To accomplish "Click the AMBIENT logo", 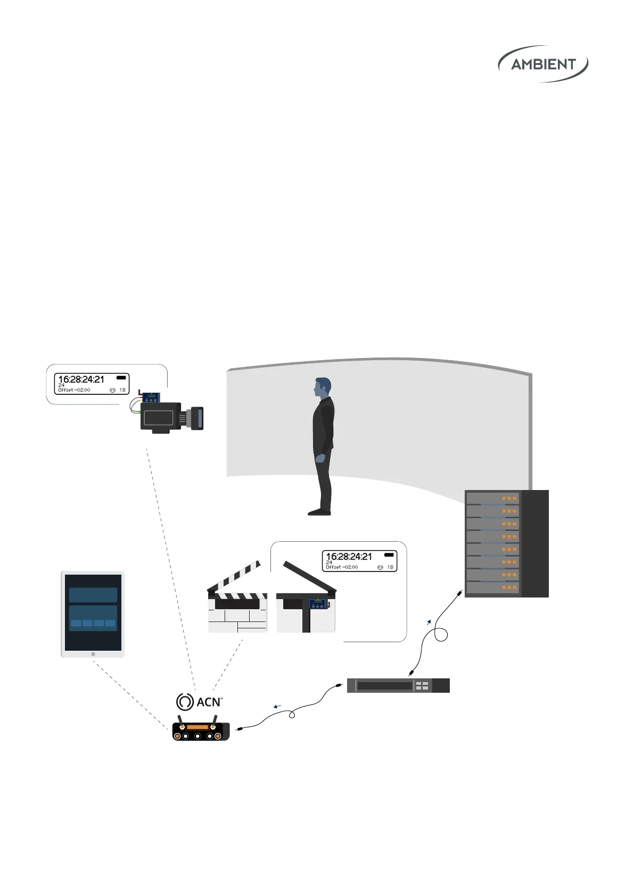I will pyautogui.click(x=543, y=64).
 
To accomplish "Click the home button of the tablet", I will pyautogui.click(x=93, y=654).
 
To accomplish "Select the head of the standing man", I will pyautogui.click(x=322, y=387).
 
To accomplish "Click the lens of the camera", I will pyautogui.click(x=197, y=418).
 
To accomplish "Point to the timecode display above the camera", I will pyautogui.click(x=92, y=384).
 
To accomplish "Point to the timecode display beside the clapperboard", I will pyautogui.click(x=359, y=561).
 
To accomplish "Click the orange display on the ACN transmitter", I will pyautogui.click(x=197, y=727).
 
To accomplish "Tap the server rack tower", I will pyautogui.click(x=506, y=543).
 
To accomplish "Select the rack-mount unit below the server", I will pyautogui.click(x=398, y=685).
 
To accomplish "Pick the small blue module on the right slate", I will pyautogui.click(x=318, y=604).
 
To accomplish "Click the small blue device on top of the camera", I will pyautogui.click(x=151, y=397).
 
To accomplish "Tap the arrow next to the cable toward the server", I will pyautogui.click(x=429, y=621).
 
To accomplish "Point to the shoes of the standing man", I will pyautogui.click(x=319, y=512).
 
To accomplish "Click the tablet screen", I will pyautogui.click(x=93, y=612).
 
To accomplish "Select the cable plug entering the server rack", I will pyautogui.click(x=458, y=592).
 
